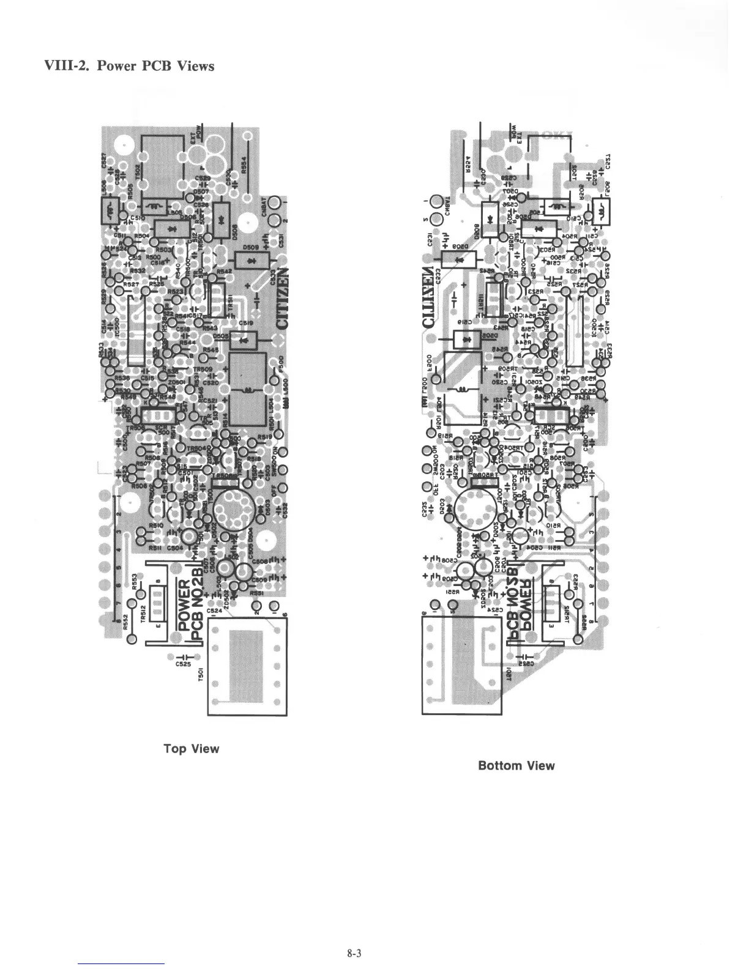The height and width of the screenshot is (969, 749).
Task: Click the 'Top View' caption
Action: tap(191, 749)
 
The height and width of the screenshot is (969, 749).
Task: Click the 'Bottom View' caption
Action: tap(516, 765)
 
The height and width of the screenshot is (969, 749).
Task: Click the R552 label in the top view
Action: tap(124, 622)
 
